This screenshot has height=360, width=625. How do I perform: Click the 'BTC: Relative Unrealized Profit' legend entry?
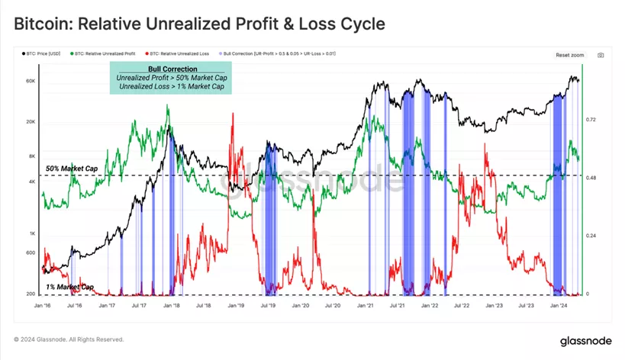(x=104, y=54)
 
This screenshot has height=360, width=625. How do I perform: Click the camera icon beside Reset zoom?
(x=601, y=55)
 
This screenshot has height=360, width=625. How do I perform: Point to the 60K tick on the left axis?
(x=31, y=80)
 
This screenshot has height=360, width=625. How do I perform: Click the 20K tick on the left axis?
(x=31, y=122)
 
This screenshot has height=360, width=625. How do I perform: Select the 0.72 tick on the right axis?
(x=591, y=120)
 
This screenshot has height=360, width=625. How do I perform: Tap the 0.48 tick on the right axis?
(x=591, y=178)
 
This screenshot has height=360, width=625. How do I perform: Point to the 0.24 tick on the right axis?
(x=591, y=236)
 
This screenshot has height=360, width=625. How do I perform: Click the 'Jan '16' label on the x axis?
(x=43, y=306)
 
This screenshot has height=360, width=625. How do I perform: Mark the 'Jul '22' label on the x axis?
(x=462, y=306)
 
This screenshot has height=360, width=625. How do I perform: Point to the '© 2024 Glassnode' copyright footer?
(x=69, y=339)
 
